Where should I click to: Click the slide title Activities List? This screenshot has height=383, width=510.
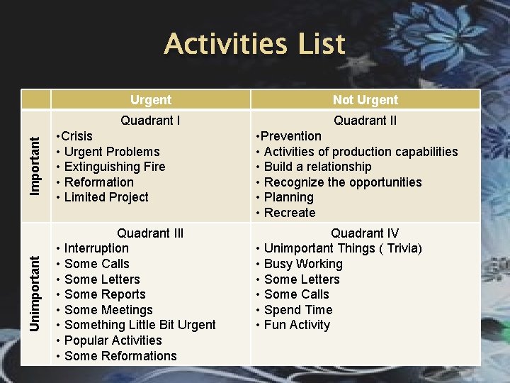(x=254, y=44)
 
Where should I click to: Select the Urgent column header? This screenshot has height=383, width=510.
(x=150, y=100)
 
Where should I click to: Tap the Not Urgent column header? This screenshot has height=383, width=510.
(x=365, y=100)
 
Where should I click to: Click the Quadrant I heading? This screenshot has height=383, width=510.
(x=150, y=121)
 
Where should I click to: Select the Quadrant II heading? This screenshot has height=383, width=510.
(x=365, y=121)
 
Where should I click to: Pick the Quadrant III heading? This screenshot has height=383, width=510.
(x=150, y=233)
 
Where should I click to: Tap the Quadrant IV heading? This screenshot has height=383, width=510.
(x=365, y=233)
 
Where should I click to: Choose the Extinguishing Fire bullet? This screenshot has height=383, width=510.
(x=114, y=167)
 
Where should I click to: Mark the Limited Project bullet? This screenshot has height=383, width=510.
(x=106, y=197)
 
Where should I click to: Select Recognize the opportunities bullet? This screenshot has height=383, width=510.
(x=342, y=182)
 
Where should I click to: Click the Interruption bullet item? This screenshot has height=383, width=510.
(x=96, y=248)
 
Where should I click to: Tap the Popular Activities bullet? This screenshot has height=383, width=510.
(x=113, y=340)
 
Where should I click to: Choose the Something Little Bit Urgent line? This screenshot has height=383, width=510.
(x=140, y=325)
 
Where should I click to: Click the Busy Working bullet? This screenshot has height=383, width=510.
(x=302, y=264)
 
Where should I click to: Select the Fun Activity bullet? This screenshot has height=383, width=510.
(x=297, y=325)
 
